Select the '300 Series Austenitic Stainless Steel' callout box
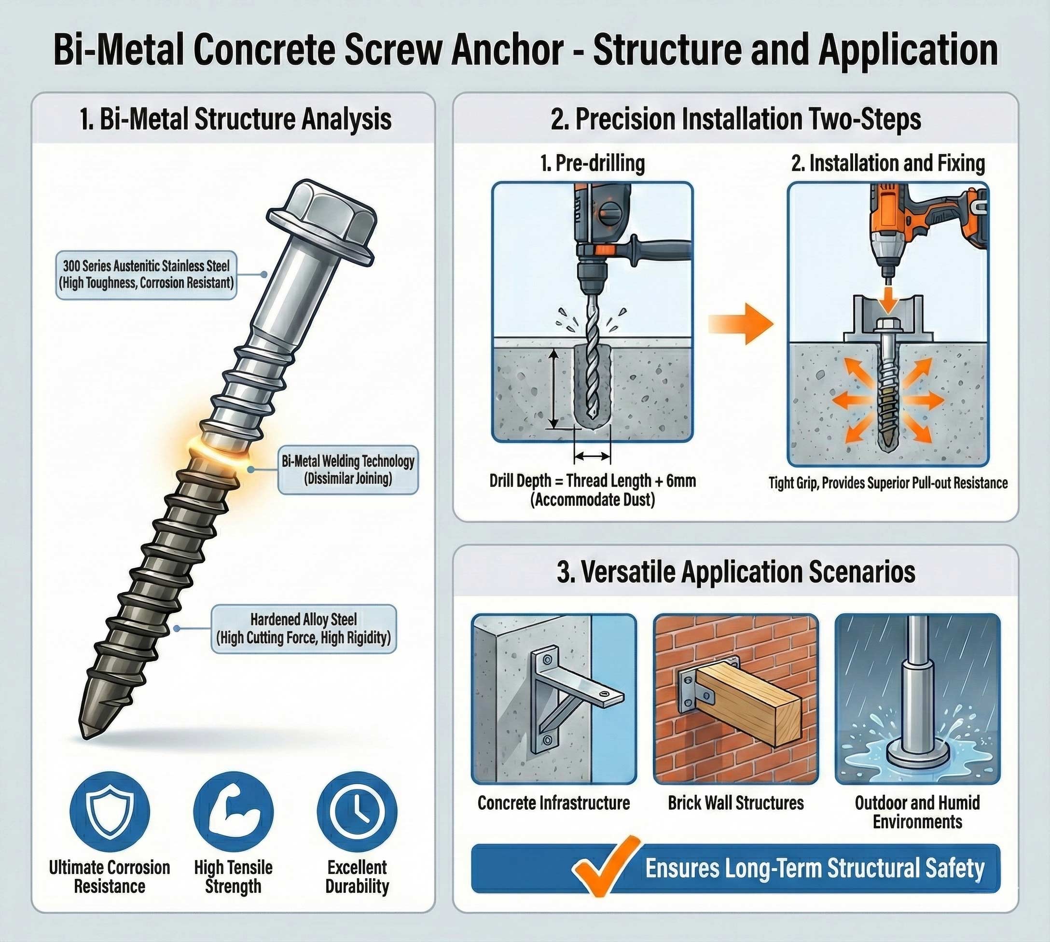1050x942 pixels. (146, 275)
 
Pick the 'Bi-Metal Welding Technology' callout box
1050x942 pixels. (348, 470)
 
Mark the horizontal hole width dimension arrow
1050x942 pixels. (593, 456)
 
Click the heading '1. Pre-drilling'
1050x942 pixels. (593, 164)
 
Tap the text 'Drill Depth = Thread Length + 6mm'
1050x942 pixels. (593, 481)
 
